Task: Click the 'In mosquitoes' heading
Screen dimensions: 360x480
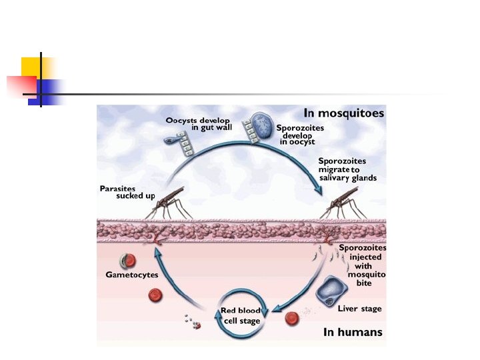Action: click(x=343, y=113)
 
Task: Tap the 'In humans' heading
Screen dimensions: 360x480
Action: click(x=353, y=331)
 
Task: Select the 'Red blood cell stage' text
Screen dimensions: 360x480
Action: click(x=241, y=315)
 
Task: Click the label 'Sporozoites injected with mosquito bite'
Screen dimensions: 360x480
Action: click(x=362, y=265)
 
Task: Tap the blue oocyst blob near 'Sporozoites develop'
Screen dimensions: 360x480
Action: click(x=264, y=126)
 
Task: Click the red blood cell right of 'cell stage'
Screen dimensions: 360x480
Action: click(x=291, y=319)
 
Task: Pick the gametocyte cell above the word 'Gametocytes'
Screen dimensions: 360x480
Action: click(x=127, y=261)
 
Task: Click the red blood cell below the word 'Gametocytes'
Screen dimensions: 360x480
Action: click(x=155, y=295)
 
